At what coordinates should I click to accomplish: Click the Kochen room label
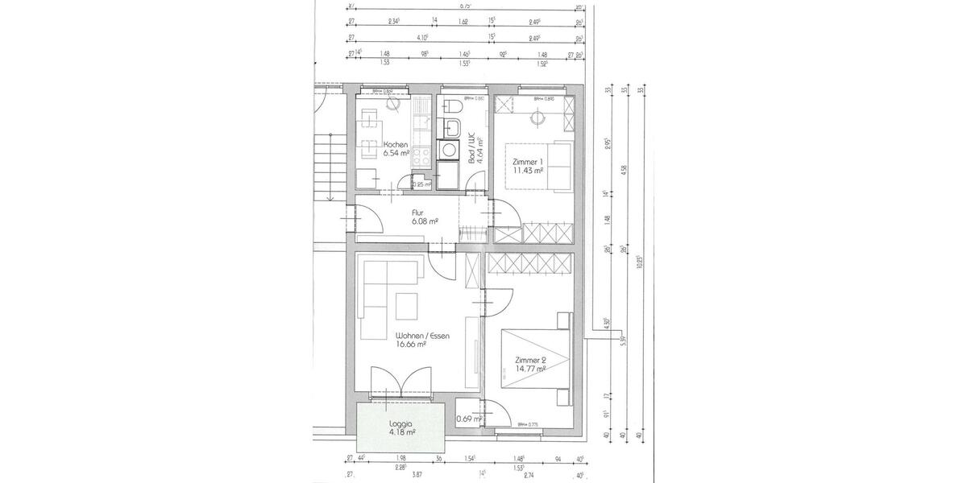(374, 144)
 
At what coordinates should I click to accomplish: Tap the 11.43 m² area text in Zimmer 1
(528, 171)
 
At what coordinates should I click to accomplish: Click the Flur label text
(418, 213)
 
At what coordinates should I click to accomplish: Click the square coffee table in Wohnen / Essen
(407, 306)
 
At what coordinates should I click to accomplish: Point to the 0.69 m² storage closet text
(468, 419)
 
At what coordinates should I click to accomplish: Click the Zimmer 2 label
(530, 360)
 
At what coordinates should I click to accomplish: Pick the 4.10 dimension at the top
(422, 38)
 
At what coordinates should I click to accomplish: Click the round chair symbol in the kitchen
(395, 103)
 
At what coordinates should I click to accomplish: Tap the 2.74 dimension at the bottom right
(529, 476)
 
